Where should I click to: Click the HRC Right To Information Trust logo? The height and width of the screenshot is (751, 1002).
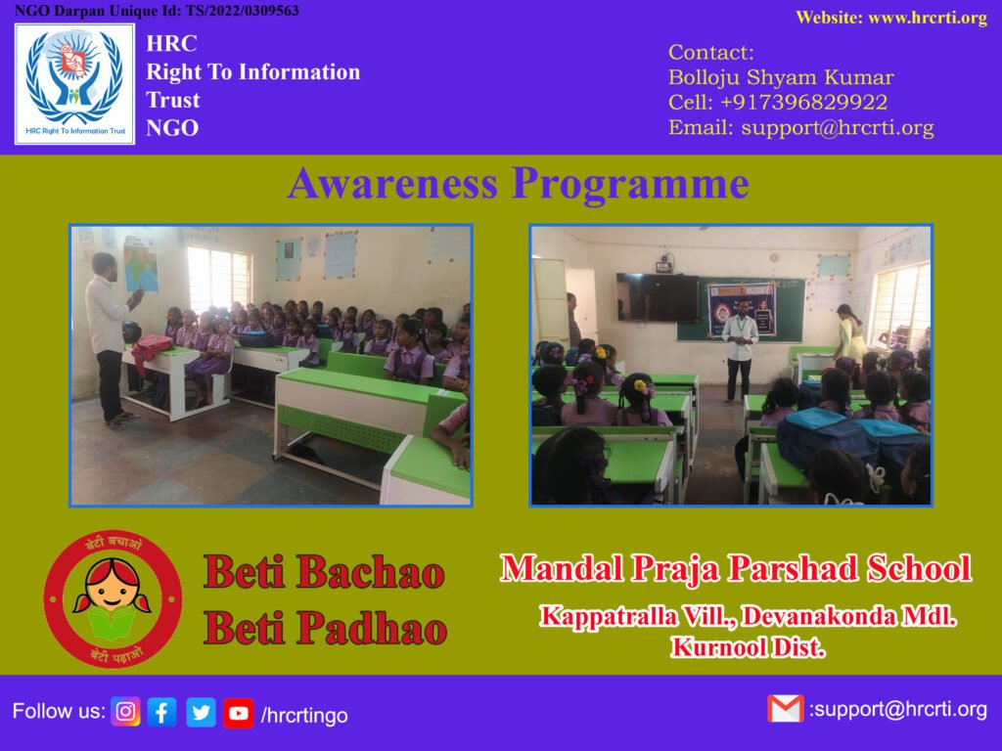tap(74, 84)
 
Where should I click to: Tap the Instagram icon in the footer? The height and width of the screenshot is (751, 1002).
tap(126, 712)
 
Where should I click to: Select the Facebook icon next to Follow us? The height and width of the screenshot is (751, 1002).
tap(162, 712)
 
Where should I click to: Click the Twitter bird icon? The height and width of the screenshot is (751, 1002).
tap(201, 712)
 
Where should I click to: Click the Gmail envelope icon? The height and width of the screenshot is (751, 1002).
tap(786, 709)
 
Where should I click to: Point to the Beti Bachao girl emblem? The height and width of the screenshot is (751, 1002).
tap(114, 599)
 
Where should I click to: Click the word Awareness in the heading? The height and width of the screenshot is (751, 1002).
tap(393, 183)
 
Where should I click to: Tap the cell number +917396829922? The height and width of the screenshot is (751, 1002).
tap(803, 102)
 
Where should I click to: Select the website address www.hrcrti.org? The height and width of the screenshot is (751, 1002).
tap(928, 18)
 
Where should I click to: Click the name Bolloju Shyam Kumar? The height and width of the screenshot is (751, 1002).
tap(781, 77)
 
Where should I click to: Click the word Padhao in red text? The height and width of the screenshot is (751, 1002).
tap(372, 629)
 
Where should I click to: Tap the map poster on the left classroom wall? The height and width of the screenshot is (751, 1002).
tap(141, 264)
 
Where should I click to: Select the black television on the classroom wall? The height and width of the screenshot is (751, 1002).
tap(658, 297)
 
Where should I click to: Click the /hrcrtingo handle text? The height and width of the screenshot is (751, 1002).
tap(304, 715)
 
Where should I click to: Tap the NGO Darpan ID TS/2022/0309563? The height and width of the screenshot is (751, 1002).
tap(243, 10)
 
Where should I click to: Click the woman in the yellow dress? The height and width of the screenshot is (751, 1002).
tap(849, 333)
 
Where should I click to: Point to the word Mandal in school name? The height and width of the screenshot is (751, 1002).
tap(562, 568)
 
